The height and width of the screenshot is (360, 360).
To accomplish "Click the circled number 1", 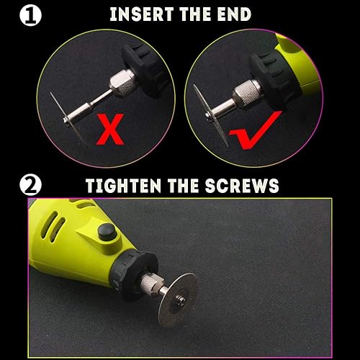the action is click(x=30, y=16).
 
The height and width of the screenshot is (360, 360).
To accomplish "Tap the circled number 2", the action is click(x=30, y=185).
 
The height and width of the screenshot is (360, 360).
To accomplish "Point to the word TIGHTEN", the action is click(x=124, y=186).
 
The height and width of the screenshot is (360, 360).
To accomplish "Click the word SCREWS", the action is click(x=242, y=186).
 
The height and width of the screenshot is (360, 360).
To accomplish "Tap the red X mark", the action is click(x=110, y=129).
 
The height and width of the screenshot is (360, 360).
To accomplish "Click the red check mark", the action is click(x=255, y=130).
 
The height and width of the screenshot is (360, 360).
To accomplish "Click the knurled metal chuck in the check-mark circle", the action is click(x=247, y=94).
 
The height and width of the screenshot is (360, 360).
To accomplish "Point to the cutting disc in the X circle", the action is click(x=69, y=120).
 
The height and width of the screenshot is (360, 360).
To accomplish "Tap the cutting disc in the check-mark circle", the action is click(x=211, y=116).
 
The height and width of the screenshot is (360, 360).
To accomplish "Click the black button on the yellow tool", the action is click(x=108, y=232).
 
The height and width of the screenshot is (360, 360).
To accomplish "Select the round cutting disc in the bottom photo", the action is click(x=179, y=300).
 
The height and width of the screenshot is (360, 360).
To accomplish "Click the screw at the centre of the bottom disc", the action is click(x=180, y=301).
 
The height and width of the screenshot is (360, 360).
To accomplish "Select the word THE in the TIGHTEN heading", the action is click(x=183, y=186).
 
